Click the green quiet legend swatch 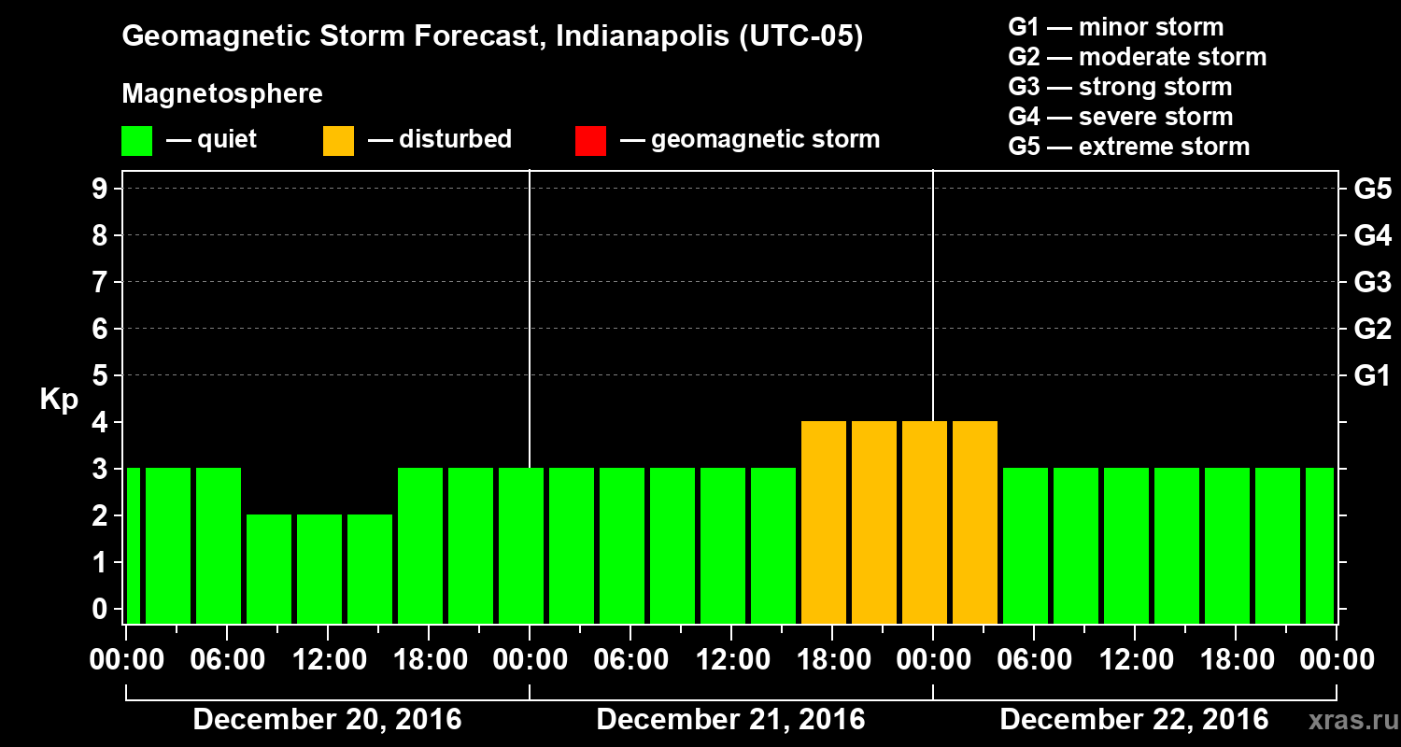(x=136, y=140)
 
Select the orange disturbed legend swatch (x=338, y=140)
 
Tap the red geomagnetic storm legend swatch (x=590, y=140)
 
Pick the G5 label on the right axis (x=1372, y=190)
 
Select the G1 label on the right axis (x=1372, y=376)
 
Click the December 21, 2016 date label (x=730, y=720)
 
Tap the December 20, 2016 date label (x=327, y=720)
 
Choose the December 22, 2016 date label (x=1134, y=720)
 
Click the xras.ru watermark (x=1345, y=720)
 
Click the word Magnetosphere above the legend (x=222, y=94)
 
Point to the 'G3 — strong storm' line (x=1120, y=87)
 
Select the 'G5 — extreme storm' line (x=1128, y=147)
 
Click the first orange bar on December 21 (x=824, y=522)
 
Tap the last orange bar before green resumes (x=975, y=522)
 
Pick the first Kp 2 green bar (x=269, y=569)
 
